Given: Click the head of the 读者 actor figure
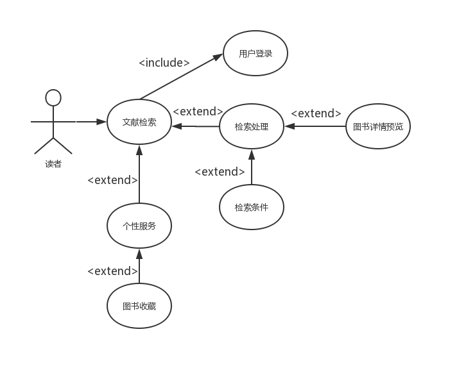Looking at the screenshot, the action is pos(53,97).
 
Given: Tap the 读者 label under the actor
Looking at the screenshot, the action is pos(53,164).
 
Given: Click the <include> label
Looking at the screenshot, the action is pos(164,63).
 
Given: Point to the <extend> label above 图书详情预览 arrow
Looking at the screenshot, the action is pos(316,113).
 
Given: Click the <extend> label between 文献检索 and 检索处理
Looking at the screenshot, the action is pos(198,112).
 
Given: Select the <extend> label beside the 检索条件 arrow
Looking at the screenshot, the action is pos(220,172).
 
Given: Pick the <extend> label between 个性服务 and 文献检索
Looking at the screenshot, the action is pos(112,180).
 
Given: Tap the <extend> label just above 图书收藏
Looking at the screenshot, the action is pos(112,271).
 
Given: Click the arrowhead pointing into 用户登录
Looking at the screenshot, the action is pos(218,56).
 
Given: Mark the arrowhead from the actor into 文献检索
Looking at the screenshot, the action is pos(101,122).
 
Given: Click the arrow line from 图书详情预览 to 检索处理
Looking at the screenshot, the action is pos(315,126).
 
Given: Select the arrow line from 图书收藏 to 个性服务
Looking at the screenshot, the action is pos(139,266).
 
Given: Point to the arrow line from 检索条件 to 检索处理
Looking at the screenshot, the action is pos(252,167).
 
